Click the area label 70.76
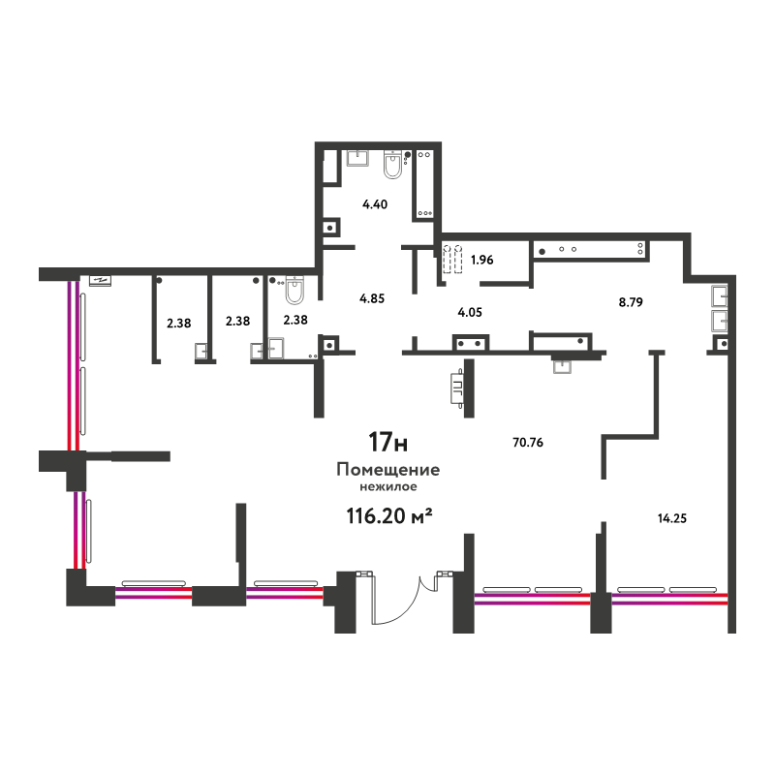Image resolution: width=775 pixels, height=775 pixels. coord(528,443)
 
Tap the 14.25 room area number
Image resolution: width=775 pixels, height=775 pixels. coord(672,518)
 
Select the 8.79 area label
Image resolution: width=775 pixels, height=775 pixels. coord(631,302)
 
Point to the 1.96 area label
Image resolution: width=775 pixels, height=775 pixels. coord(481,260)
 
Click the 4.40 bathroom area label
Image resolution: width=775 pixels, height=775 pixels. coord(375,204)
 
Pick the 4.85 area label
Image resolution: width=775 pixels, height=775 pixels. coord(372,298)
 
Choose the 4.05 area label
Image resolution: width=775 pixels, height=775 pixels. coord(470,312)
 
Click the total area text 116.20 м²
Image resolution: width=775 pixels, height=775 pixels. coord(389,516)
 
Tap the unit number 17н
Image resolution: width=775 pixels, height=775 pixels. coord(388,442)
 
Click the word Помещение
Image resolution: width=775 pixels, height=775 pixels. coord(388,470)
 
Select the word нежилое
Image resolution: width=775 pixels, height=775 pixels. coord(388,487)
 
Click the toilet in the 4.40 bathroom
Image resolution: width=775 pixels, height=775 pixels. coord(393,164)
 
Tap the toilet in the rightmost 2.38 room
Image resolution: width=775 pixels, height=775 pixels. coord(295,290)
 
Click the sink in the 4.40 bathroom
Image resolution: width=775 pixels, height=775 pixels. coord(357,159)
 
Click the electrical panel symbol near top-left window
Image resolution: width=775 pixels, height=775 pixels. coord(101,280)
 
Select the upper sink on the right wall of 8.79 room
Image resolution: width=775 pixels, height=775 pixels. coord(719,297)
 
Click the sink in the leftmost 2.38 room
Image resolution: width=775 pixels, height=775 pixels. coord(201,351)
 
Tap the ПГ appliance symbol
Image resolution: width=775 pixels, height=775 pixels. coord(457,388)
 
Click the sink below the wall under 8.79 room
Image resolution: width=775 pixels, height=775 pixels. coord(562,366)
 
